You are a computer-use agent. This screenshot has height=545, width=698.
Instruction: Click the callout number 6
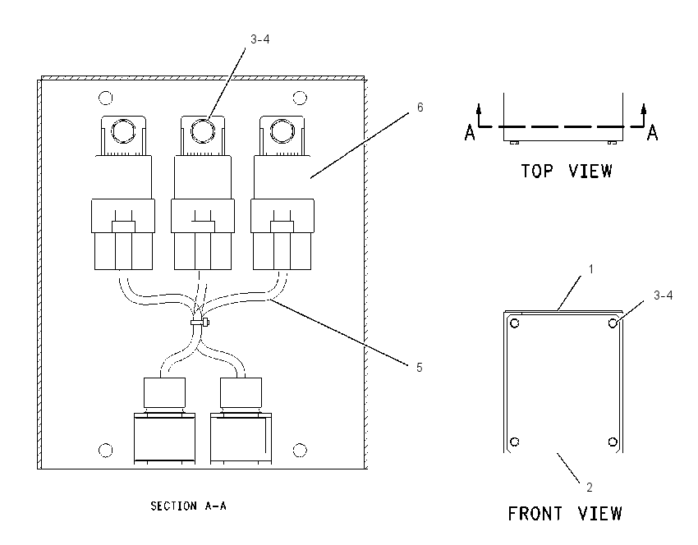point(420,108)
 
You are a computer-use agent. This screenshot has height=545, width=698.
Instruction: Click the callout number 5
point(420,368)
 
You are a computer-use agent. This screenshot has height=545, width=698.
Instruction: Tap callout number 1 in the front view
point(591,269)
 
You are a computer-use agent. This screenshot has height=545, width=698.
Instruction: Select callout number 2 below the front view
point(590,488)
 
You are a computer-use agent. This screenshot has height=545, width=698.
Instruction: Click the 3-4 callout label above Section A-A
point(260,39)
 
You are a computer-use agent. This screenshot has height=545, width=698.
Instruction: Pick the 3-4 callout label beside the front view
point(663,295)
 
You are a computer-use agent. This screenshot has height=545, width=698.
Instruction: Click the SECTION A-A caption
point(188,506)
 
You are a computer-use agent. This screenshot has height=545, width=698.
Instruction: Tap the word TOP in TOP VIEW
point(537,171)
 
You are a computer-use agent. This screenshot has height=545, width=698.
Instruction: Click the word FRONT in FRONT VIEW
point(535,514)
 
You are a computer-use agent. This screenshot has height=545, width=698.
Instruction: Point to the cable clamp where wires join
point(200,322)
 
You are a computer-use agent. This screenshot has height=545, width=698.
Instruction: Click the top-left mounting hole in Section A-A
point(105,98)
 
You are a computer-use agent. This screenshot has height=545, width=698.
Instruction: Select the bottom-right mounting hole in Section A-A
point(300,451)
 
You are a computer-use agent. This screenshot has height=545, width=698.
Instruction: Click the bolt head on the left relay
point(123,131)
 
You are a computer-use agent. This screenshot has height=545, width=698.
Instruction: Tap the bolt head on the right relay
point(282,131)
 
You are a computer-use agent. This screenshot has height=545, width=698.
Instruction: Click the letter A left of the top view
point(470,133)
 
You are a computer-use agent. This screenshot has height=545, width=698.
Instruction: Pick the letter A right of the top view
point(652,133)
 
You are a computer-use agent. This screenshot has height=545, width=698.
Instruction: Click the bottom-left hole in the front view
point(515,442)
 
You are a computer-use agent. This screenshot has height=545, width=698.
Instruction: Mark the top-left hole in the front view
point(515,323)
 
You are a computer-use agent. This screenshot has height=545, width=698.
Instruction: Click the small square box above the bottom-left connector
point(164,392)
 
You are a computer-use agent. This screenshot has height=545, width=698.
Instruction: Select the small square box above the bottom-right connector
point(241,392)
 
